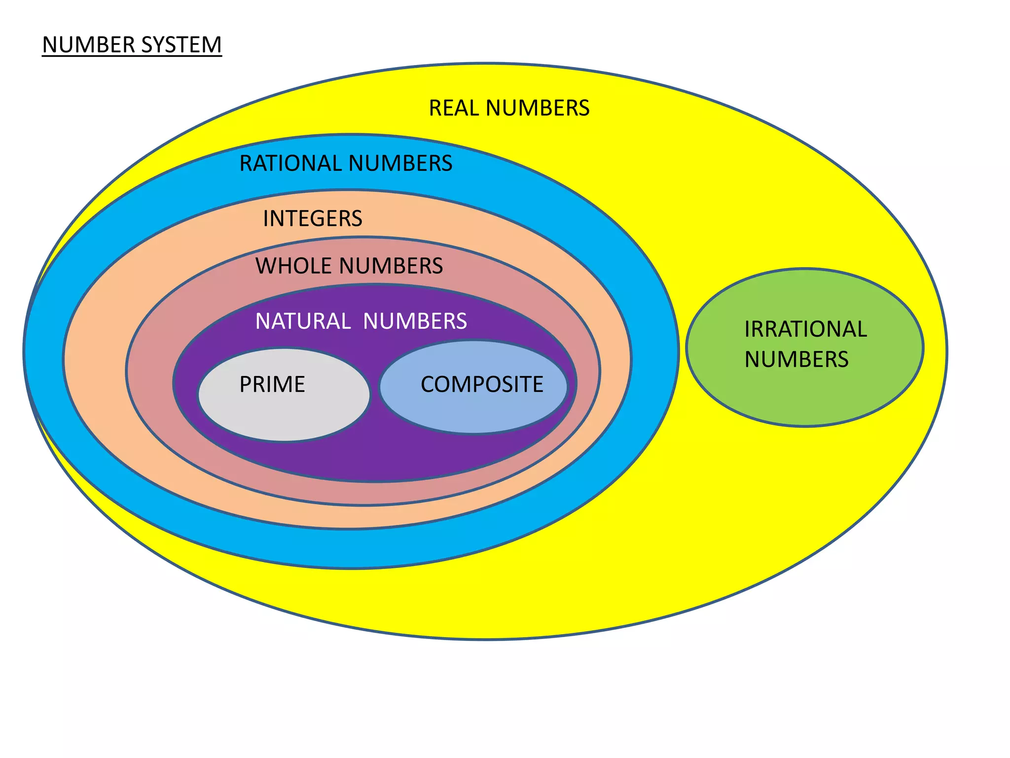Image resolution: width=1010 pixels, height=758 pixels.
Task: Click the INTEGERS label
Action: (x=313, y=219)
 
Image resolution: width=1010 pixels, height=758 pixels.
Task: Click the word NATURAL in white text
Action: (x=302, y=321)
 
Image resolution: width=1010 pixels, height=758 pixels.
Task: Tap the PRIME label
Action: (x=272, y=384)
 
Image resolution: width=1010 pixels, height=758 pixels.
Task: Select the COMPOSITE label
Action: (x=482, y=384)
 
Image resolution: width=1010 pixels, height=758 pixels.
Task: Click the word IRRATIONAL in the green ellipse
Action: (x=805, y=329)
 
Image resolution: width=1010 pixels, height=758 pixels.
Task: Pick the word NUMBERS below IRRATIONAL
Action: (x=796, y=359)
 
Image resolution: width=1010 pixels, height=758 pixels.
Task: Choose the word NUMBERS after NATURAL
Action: (x=415, y=321)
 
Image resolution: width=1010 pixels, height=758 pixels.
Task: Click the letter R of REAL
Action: (x=435, y=108)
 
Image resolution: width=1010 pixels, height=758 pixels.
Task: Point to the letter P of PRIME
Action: (x=245, y=384)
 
